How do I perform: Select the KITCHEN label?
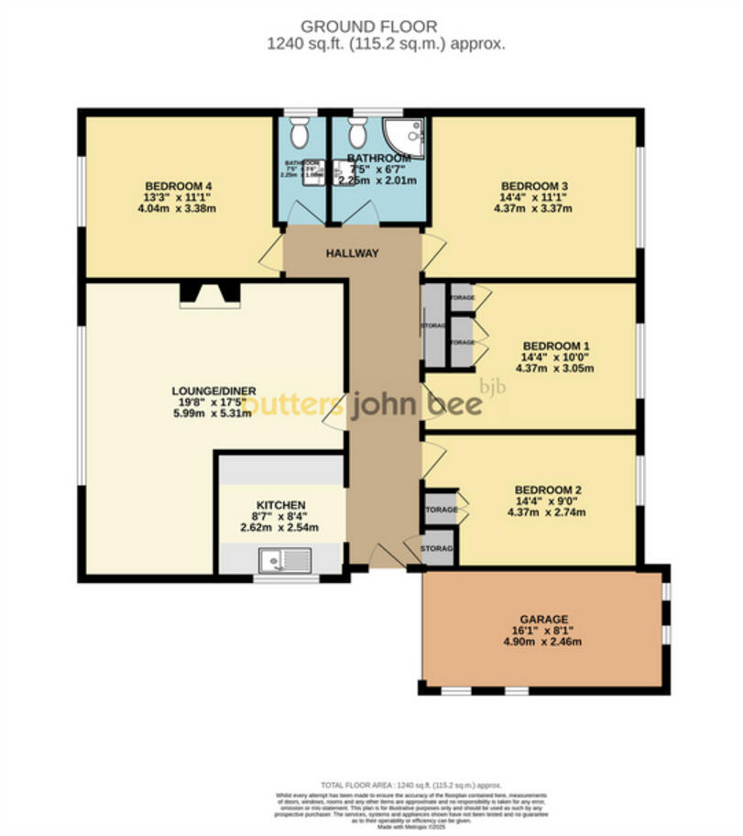coord(279,505)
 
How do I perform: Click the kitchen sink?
coord(278,558)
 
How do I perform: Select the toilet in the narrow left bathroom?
coord(299,134)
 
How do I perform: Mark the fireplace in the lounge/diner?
coord(209,293)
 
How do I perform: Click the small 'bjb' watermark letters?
coord(494,386)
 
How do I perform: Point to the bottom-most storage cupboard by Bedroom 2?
coord(439,548)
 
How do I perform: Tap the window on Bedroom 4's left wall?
coord(81,192)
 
